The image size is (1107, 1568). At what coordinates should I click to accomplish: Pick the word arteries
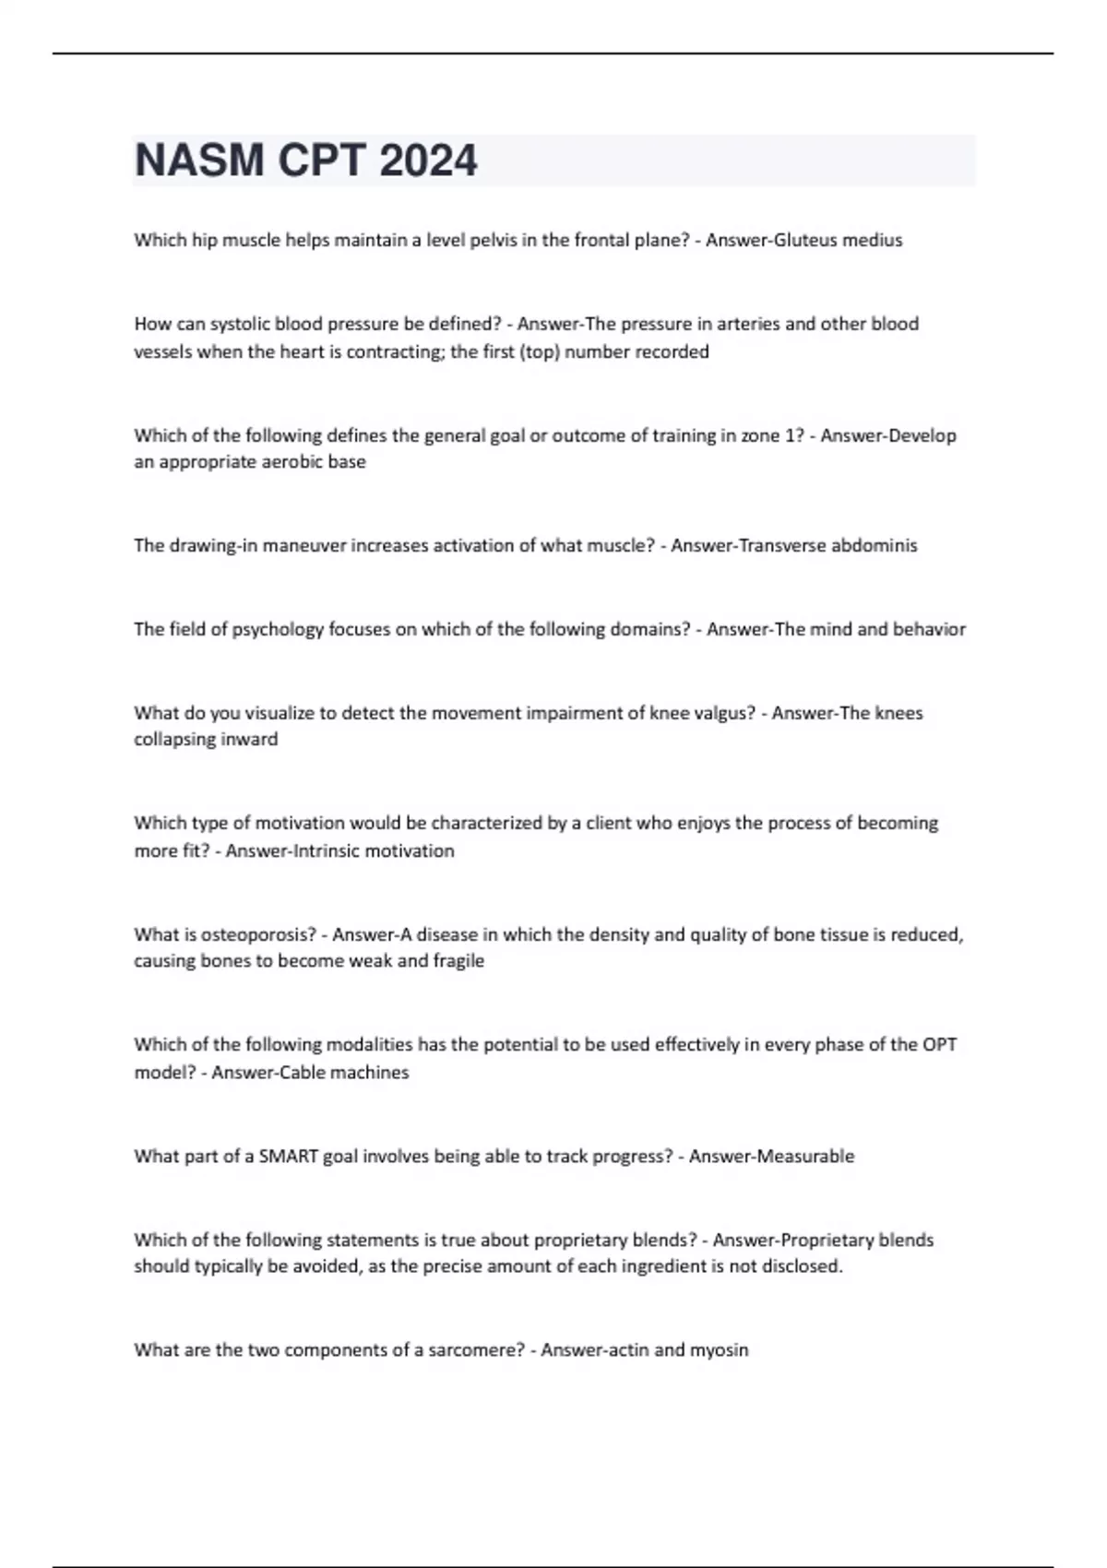[x=745, y=324]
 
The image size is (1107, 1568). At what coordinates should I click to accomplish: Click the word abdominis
[x=875, y=545]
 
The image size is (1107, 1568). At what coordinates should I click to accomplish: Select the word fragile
[x=458, y=960]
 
